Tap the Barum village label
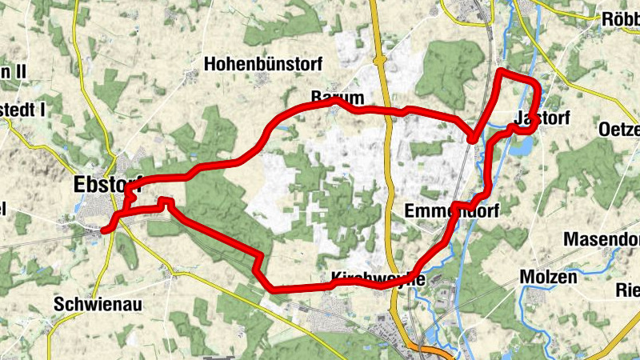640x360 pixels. tap(331, 96)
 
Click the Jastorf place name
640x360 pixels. tap(543, 118)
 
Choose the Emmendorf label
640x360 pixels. tap(452, 212)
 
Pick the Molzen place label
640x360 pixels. tap(547, 277)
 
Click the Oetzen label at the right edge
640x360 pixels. tap(620, 130)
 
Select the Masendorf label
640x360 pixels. tap(601, 238)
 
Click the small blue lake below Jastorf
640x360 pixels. tap(522, 146)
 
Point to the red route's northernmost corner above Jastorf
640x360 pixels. tap(501, 72)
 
